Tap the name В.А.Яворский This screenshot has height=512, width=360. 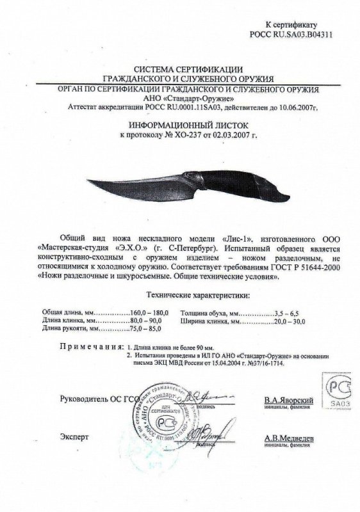coord(288,401)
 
